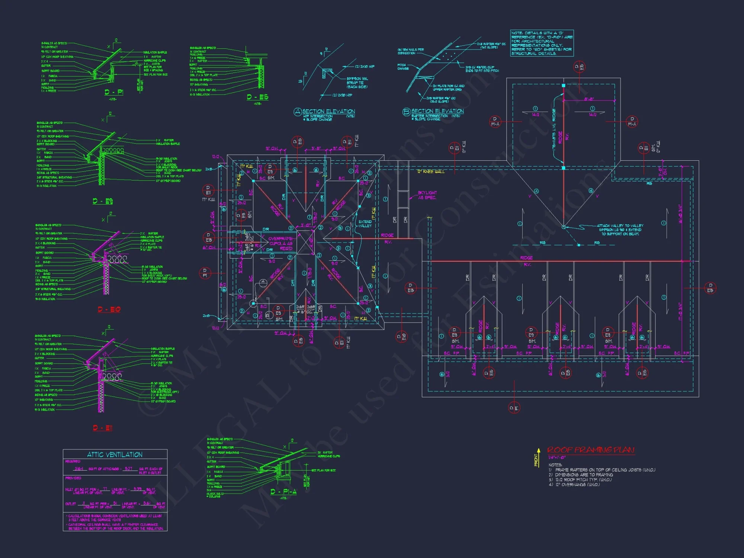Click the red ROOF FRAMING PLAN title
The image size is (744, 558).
[x=591, y=450]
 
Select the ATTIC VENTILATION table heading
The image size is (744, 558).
[x=115, y=455]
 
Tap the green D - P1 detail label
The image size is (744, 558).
[x=114, y=92]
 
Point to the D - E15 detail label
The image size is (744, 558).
[x=257, y=97]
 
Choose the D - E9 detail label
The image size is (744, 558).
[x=103, y=201]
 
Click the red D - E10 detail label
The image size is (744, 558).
[x=109, y=310]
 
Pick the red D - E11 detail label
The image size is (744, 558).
[x=103, y=428]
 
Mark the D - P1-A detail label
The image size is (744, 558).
[x=283, y=492]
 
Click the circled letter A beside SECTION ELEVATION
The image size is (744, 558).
[x=298, y=112]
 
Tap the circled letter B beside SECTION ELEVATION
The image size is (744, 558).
[x=406, y=112]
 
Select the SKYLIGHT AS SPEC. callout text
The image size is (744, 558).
[x=427, y=195]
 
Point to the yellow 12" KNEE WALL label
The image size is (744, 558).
[x=430, y=171]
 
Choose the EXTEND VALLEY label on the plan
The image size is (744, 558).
[x=365, y=224]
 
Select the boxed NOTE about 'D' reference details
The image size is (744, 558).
[x=542, y=43]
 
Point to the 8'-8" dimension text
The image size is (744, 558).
[x=589, y=99]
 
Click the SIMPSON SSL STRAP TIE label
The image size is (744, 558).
[x=357, y=83]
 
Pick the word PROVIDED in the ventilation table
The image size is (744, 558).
[x=73, y=478]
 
